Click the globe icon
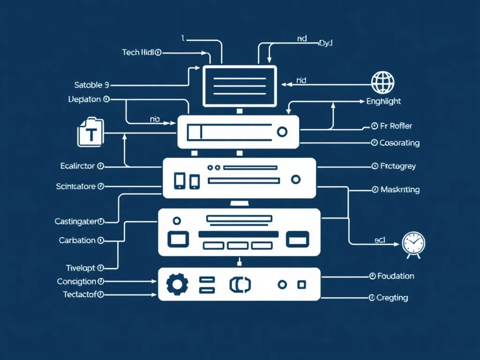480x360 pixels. [x=382, y=83]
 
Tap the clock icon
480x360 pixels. [x=413, y=244]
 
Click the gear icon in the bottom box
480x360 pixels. [x=177, y=284]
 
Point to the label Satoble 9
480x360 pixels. [x=91, y=85]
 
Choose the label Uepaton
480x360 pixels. [x=85, y=99]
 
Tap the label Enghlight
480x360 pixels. [x=383, y=101]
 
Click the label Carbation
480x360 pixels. [x=77, y=240]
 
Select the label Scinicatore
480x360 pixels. [x=76, y=187]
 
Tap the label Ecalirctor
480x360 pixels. [x=78, y=166]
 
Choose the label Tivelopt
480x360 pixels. [x=80, y=268]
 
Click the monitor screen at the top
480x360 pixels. [x=239, y=86]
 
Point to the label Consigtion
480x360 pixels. [x=77, y=282]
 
